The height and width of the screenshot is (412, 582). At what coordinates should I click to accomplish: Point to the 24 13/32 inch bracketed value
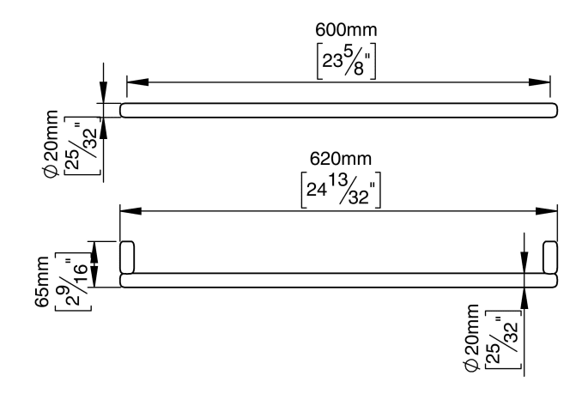341,189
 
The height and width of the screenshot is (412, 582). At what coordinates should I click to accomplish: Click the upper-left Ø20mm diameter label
53,144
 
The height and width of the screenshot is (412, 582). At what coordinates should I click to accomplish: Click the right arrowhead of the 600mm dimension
540,82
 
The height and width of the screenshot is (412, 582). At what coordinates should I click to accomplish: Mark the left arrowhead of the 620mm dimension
130,211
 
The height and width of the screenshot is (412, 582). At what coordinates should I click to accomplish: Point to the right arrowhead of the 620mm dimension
548,211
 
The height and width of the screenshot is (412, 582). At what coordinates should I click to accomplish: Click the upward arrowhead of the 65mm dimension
95,251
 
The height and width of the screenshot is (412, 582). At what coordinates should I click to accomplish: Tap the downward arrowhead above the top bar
103,94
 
